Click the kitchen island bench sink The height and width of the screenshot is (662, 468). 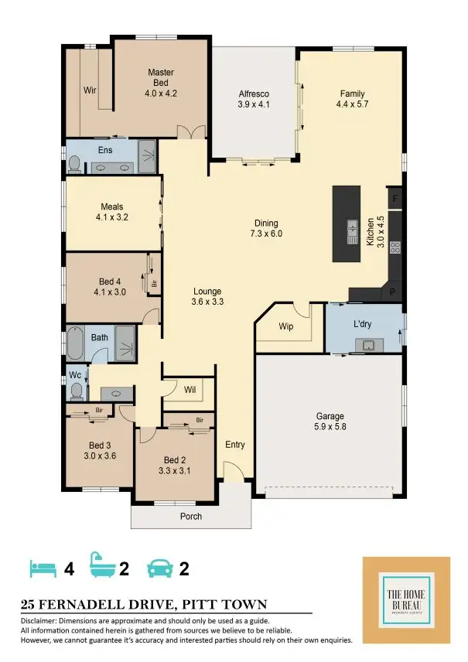pos(352,228)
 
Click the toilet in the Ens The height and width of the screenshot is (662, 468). pos(74,163)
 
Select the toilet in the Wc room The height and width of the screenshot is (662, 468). pos(76,391)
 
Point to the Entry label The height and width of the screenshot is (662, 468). pos(234,445)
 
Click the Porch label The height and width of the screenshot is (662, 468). pos(190,516)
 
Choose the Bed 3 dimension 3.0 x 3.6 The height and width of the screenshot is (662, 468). pos(99,456)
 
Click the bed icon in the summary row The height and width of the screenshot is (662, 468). pos(43,569)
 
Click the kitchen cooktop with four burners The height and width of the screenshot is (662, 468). pos(394,247)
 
